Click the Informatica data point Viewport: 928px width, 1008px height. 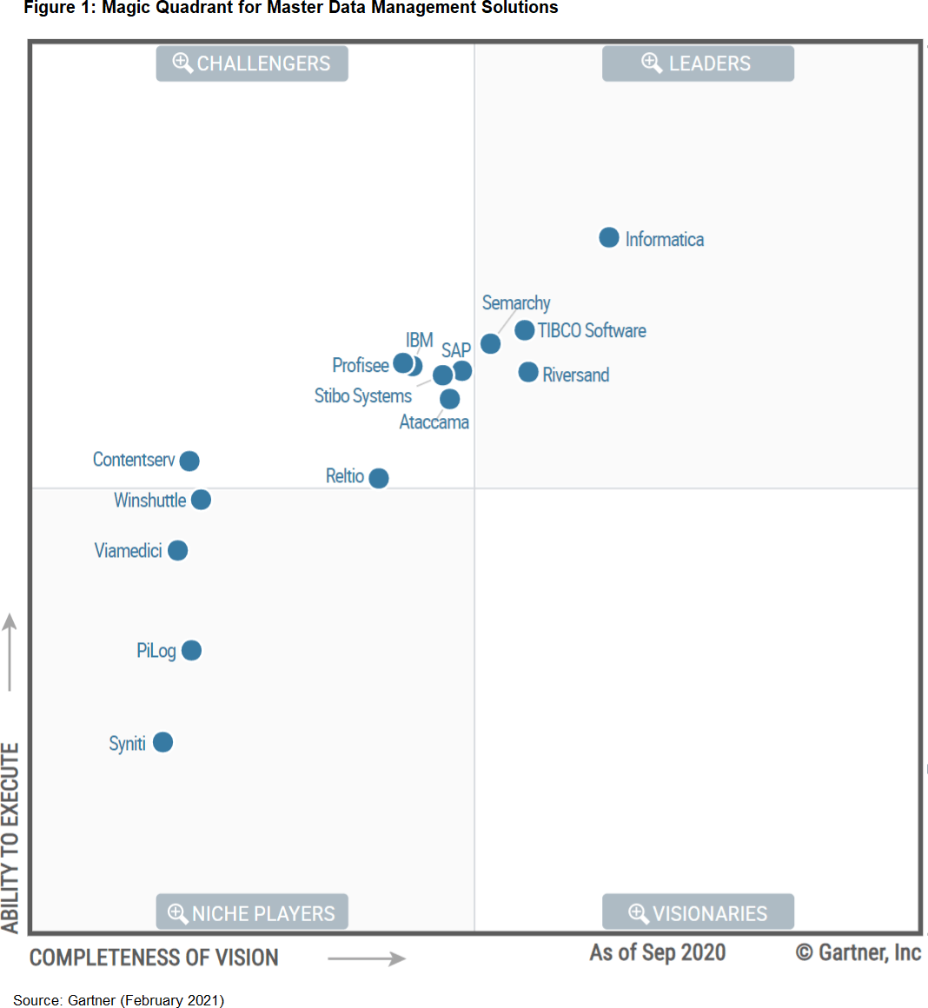pyautogui.click(x=609, y=238)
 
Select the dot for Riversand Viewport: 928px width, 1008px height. pyautogui.click(x=528, y=373)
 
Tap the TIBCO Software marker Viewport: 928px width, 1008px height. pyautogui.click(x=525, y=330)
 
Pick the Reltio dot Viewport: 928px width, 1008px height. pyautogui.click(x=379, y=478)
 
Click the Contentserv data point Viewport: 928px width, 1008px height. pyautogui.click(x=189, y=461)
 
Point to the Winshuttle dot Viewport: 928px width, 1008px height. pyautogui.click(x=201, y=500)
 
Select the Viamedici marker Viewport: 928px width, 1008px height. pyautogui.click(x=177, y=550)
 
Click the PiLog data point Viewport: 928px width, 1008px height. pyautogui.click(x=192, y=650)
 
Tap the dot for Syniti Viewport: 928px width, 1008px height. pyautogui.click(x=162, y=742)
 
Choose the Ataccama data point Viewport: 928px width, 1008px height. pyautogui.click(x=450, y=399)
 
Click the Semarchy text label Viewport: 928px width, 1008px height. pyautogui.click(x=516, y=303)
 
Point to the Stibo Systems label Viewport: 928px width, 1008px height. pyautogui.click(x=362, y=396)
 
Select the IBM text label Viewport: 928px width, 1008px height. pyautogui.click(x=419, y=340)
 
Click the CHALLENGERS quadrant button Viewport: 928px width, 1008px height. pyautogui.click(x=252, y=63)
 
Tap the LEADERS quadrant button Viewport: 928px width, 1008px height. pyautogui.click(x=698, y=63)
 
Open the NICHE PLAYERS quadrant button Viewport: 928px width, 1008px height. pyautogui.click(x=252, y=913)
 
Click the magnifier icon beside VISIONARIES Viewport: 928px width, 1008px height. pyautogui.click(x=639, y=913)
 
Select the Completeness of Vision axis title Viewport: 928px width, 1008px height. pyautogui.click(x=154, y=958)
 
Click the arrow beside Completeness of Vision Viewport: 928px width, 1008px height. pyautogui.click(x=367, y=958)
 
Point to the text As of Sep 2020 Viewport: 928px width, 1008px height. pyautogui.click(x=658, y=952)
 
